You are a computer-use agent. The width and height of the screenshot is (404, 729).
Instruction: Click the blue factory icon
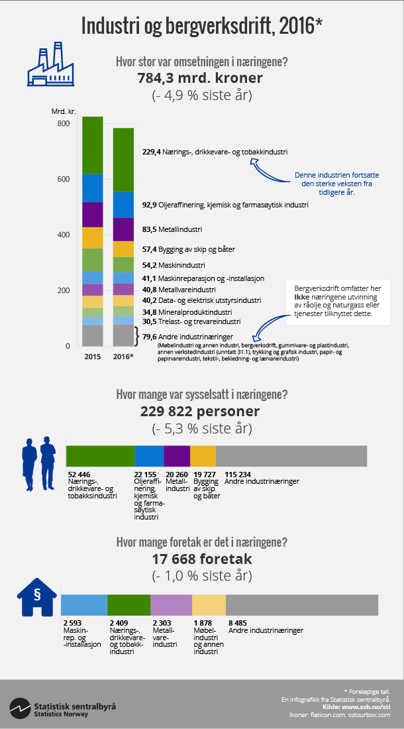click(49, 64)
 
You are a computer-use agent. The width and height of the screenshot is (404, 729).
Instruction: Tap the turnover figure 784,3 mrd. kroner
click(200, 78)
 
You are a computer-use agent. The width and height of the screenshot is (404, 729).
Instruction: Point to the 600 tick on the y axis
click(63, 179)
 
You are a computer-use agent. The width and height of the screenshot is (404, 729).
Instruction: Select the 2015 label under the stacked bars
click(92, 357)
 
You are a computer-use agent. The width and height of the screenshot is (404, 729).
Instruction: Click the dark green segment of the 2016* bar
click(123, 159)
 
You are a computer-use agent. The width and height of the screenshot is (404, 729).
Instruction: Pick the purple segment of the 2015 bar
click(92, 215)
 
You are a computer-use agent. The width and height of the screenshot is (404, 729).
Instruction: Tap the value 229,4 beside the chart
click(152, 152)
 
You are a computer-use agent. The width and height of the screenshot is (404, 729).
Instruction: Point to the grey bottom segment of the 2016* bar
click(123, 335)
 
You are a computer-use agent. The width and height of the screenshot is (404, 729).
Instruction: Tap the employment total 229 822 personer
click(200, 412)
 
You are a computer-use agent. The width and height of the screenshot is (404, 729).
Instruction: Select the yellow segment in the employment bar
click(203, 455)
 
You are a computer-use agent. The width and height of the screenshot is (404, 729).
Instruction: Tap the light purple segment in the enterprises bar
click(171, 606)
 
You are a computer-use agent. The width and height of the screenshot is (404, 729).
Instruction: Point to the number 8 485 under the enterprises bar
click(238, 624)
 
